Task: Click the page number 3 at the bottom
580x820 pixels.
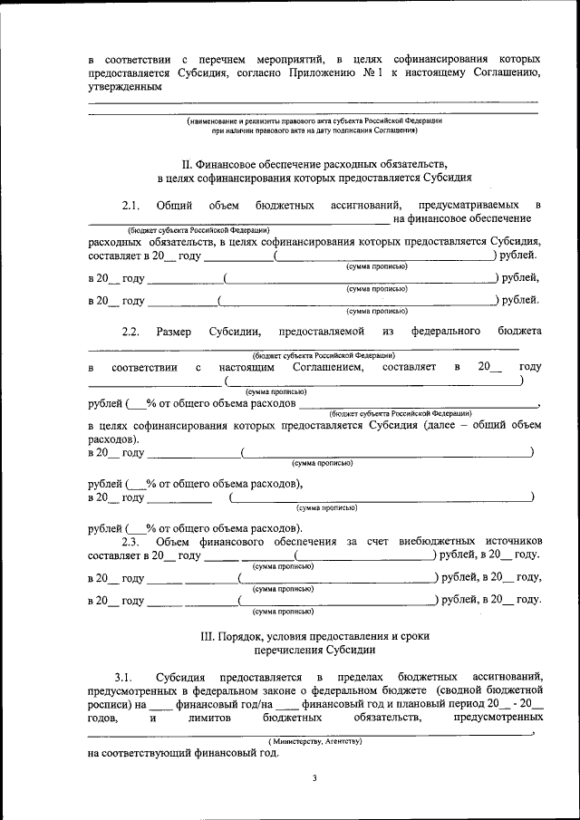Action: coord(314,777)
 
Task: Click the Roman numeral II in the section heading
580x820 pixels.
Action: coord(187,164)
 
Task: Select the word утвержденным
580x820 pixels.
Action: coord(125,87)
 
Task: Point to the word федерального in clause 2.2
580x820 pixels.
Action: coord(445,332)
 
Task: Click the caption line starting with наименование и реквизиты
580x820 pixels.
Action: coord(314,120)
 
